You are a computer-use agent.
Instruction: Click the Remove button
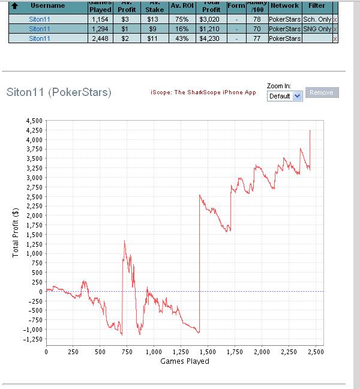pos(322,92)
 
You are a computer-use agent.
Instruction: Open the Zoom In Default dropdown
pos(285,96)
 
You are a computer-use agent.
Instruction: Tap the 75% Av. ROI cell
pos(180,20)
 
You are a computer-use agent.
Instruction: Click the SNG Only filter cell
pos(317,29)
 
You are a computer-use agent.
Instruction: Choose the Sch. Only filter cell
pos(317,20)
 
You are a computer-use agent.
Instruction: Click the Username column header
pos(48,5)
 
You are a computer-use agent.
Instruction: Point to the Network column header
pos(284,5)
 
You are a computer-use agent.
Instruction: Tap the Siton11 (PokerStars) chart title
pos(58,92)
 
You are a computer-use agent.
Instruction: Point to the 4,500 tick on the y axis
pos(34,121)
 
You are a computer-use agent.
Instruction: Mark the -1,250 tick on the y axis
pos(32,339)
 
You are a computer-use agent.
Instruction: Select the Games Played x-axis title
pos(185,361)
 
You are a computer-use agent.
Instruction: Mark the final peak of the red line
pos(310,131)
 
